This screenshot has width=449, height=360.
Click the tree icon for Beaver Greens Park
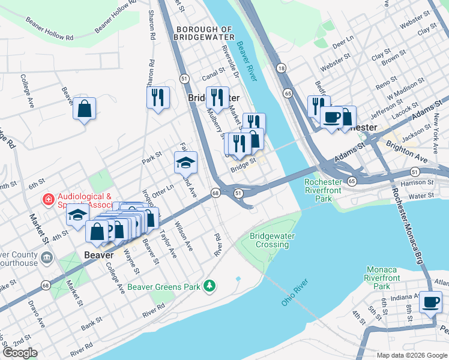click(x=209, y=286)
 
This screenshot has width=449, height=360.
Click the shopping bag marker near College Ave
click(x=85, y=109)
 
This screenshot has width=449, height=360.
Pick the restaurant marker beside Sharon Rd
click(x=158, y=98)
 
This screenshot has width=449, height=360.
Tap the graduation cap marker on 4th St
click(x=77, y=215)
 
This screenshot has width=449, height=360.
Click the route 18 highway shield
click(x=281, y=69)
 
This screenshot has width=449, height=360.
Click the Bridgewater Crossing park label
click(x=273, y=240)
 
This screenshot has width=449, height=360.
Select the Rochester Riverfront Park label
click(x=327, y=190)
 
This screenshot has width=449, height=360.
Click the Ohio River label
click(x=294, y=292)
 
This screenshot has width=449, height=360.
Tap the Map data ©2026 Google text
click(x=411, y=355)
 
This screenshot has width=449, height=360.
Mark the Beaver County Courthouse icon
click(x=47, y=258)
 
